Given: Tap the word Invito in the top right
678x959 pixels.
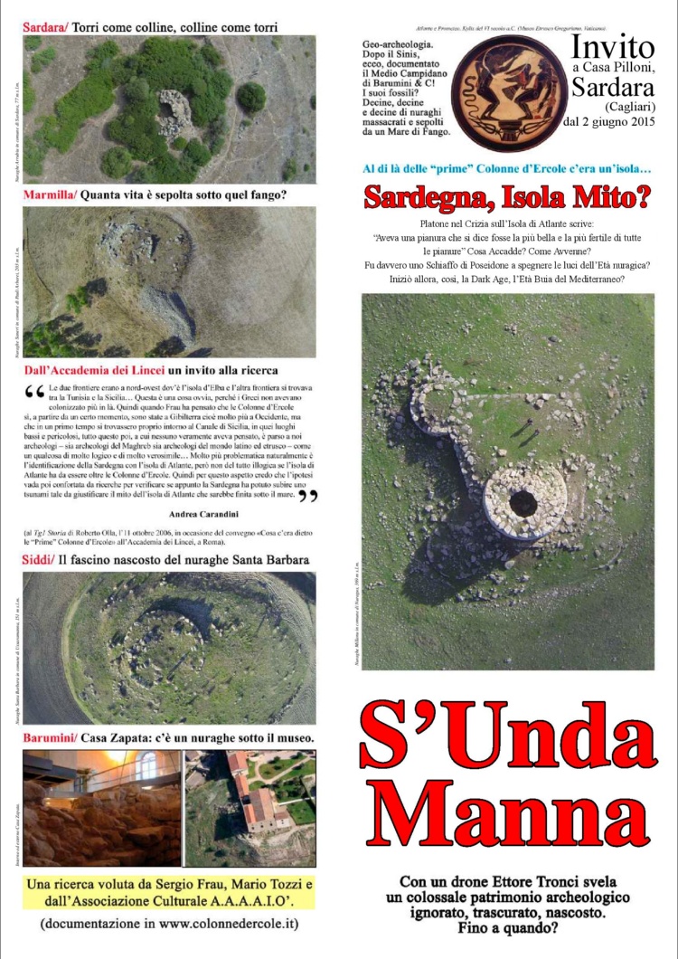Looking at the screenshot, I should pos(612,47).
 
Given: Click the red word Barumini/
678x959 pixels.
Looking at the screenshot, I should pos(50,739).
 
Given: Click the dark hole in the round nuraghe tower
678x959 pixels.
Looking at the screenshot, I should pos(523,503).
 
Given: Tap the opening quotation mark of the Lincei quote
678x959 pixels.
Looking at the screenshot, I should pos(35,392).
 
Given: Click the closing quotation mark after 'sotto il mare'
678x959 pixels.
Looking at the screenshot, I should pos(307,496).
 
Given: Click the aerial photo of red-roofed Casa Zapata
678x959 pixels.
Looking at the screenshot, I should pos(250,807).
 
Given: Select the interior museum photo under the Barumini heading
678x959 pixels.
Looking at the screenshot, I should pos(101,807).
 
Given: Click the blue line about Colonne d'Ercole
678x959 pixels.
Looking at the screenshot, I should pos(507,168).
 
